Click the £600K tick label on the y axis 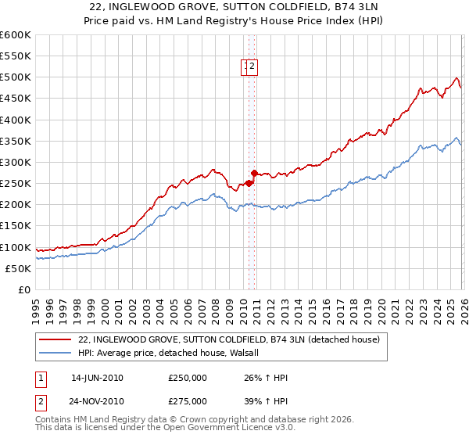point(16,35)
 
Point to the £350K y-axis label point(16,141)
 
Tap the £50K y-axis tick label point(19,268)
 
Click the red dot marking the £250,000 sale point(249,183)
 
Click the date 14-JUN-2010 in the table point(97,378)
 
